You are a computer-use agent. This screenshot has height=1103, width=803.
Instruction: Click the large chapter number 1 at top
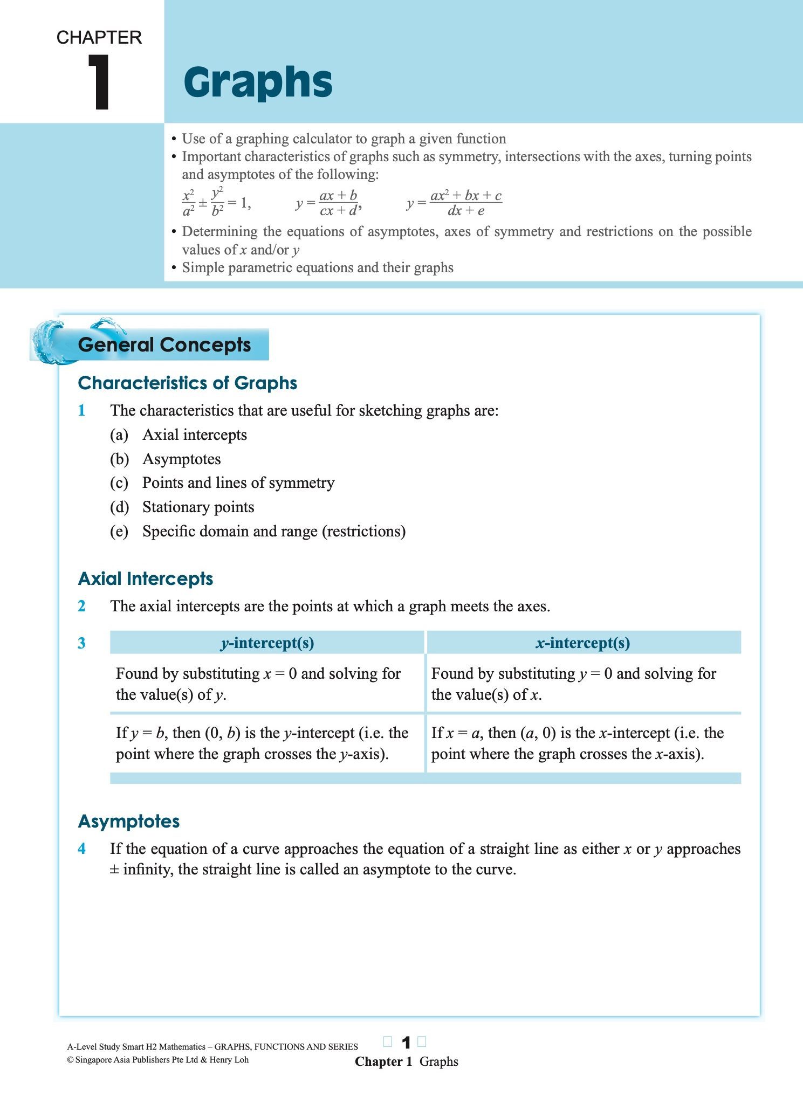point(99,82)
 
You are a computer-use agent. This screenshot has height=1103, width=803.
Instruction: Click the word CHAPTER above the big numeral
point(99,38)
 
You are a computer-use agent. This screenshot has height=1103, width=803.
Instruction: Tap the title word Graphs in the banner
point(258,82)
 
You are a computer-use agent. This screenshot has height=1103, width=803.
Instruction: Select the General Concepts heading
point(164,345)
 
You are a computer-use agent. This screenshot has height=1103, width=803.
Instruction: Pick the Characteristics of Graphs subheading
point(188,383)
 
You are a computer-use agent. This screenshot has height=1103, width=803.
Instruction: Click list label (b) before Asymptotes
point(119,459)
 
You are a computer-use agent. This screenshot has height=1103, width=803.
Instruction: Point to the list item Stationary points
point(198,507)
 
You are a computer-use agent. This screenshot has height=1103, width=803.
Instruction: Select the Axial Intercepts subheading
point(146,579)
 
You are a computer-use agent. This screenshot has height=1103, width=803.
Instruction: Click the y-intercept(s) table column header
point(267,643)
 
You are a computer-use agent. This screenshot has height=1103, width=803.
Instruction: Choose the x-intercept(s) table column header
point(583,643)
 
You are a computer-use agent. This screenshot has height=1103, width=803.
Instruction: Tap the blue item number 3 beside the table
point(81,643)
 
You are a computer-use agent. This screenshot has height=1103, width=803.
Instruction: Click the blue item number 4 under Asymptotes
point(81,849)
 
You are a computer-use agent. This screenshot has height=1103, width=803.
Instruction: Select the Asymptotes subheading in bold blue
point(129,822)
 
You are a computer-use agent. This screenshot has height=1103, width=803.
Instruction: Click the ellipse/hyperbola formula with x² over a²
point(216,203)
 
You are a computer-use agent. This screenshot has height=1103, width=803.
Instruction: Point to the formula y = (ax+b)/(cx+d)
point(328,203)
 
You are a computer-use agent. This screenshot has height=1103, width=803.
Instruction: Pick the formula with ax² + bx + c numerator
point(455,203)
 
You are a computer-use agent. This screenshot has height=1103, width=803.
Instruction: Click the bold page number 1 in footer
point(406,1043)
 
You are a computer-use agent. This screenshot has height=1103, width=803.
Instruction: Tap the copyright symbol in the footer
point(70,1060)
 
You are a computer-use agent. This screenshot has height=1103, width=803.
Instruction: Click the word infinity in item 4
point(148,870)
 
